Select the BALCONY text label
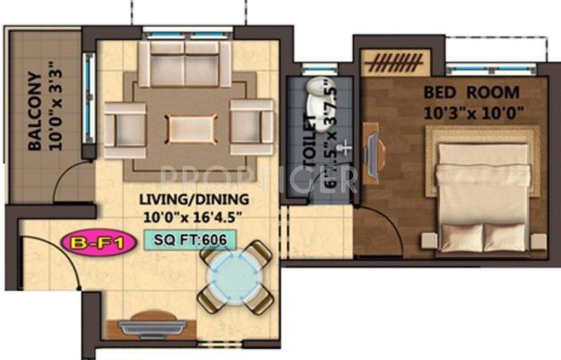33,110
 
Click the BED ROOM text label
471,92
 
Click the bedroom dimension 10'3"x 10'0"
472,112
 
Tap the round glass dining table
235,276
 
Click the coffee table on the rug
191,129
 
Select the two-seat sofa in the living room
185,64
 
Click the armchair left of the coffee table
126,129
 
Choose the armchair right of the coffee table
252,127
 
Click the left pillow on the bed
460,238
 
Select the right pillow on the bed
505,238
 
